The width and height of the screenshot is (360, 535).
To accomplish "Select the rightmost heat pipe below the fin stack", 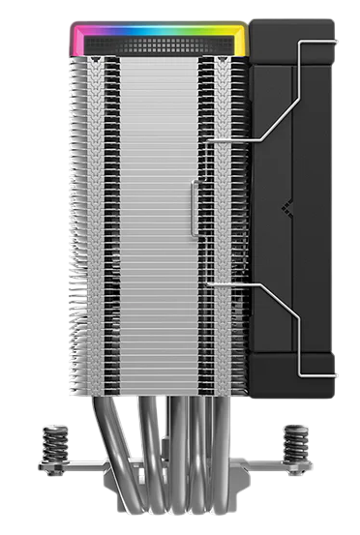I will click(225, 455).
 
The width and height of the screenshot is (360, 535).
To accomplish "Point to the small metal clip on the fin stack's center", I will click(193, 209).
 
